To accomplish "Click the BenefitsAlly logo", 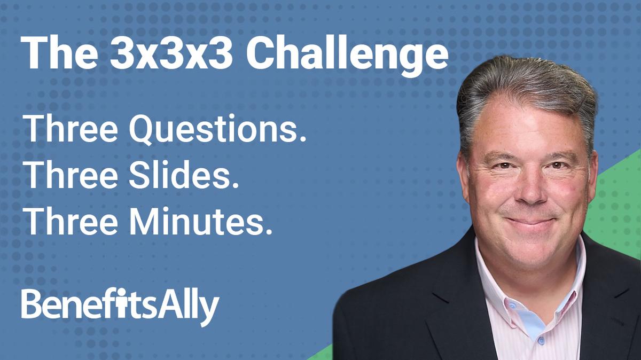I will [120, 306].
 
